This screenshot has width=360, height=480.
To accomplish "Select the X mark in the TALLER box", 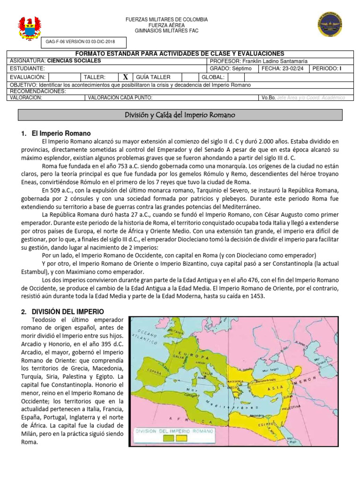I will tap(125, 77).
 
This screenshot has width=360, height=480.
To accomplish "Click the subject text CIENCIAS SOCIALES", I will tap(74, 61).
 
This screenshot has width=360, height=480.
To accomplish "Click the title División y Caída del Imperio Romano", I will tap(187, 115).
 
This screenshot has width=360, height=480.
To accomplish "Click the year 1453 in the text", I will tap(257, 296).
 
